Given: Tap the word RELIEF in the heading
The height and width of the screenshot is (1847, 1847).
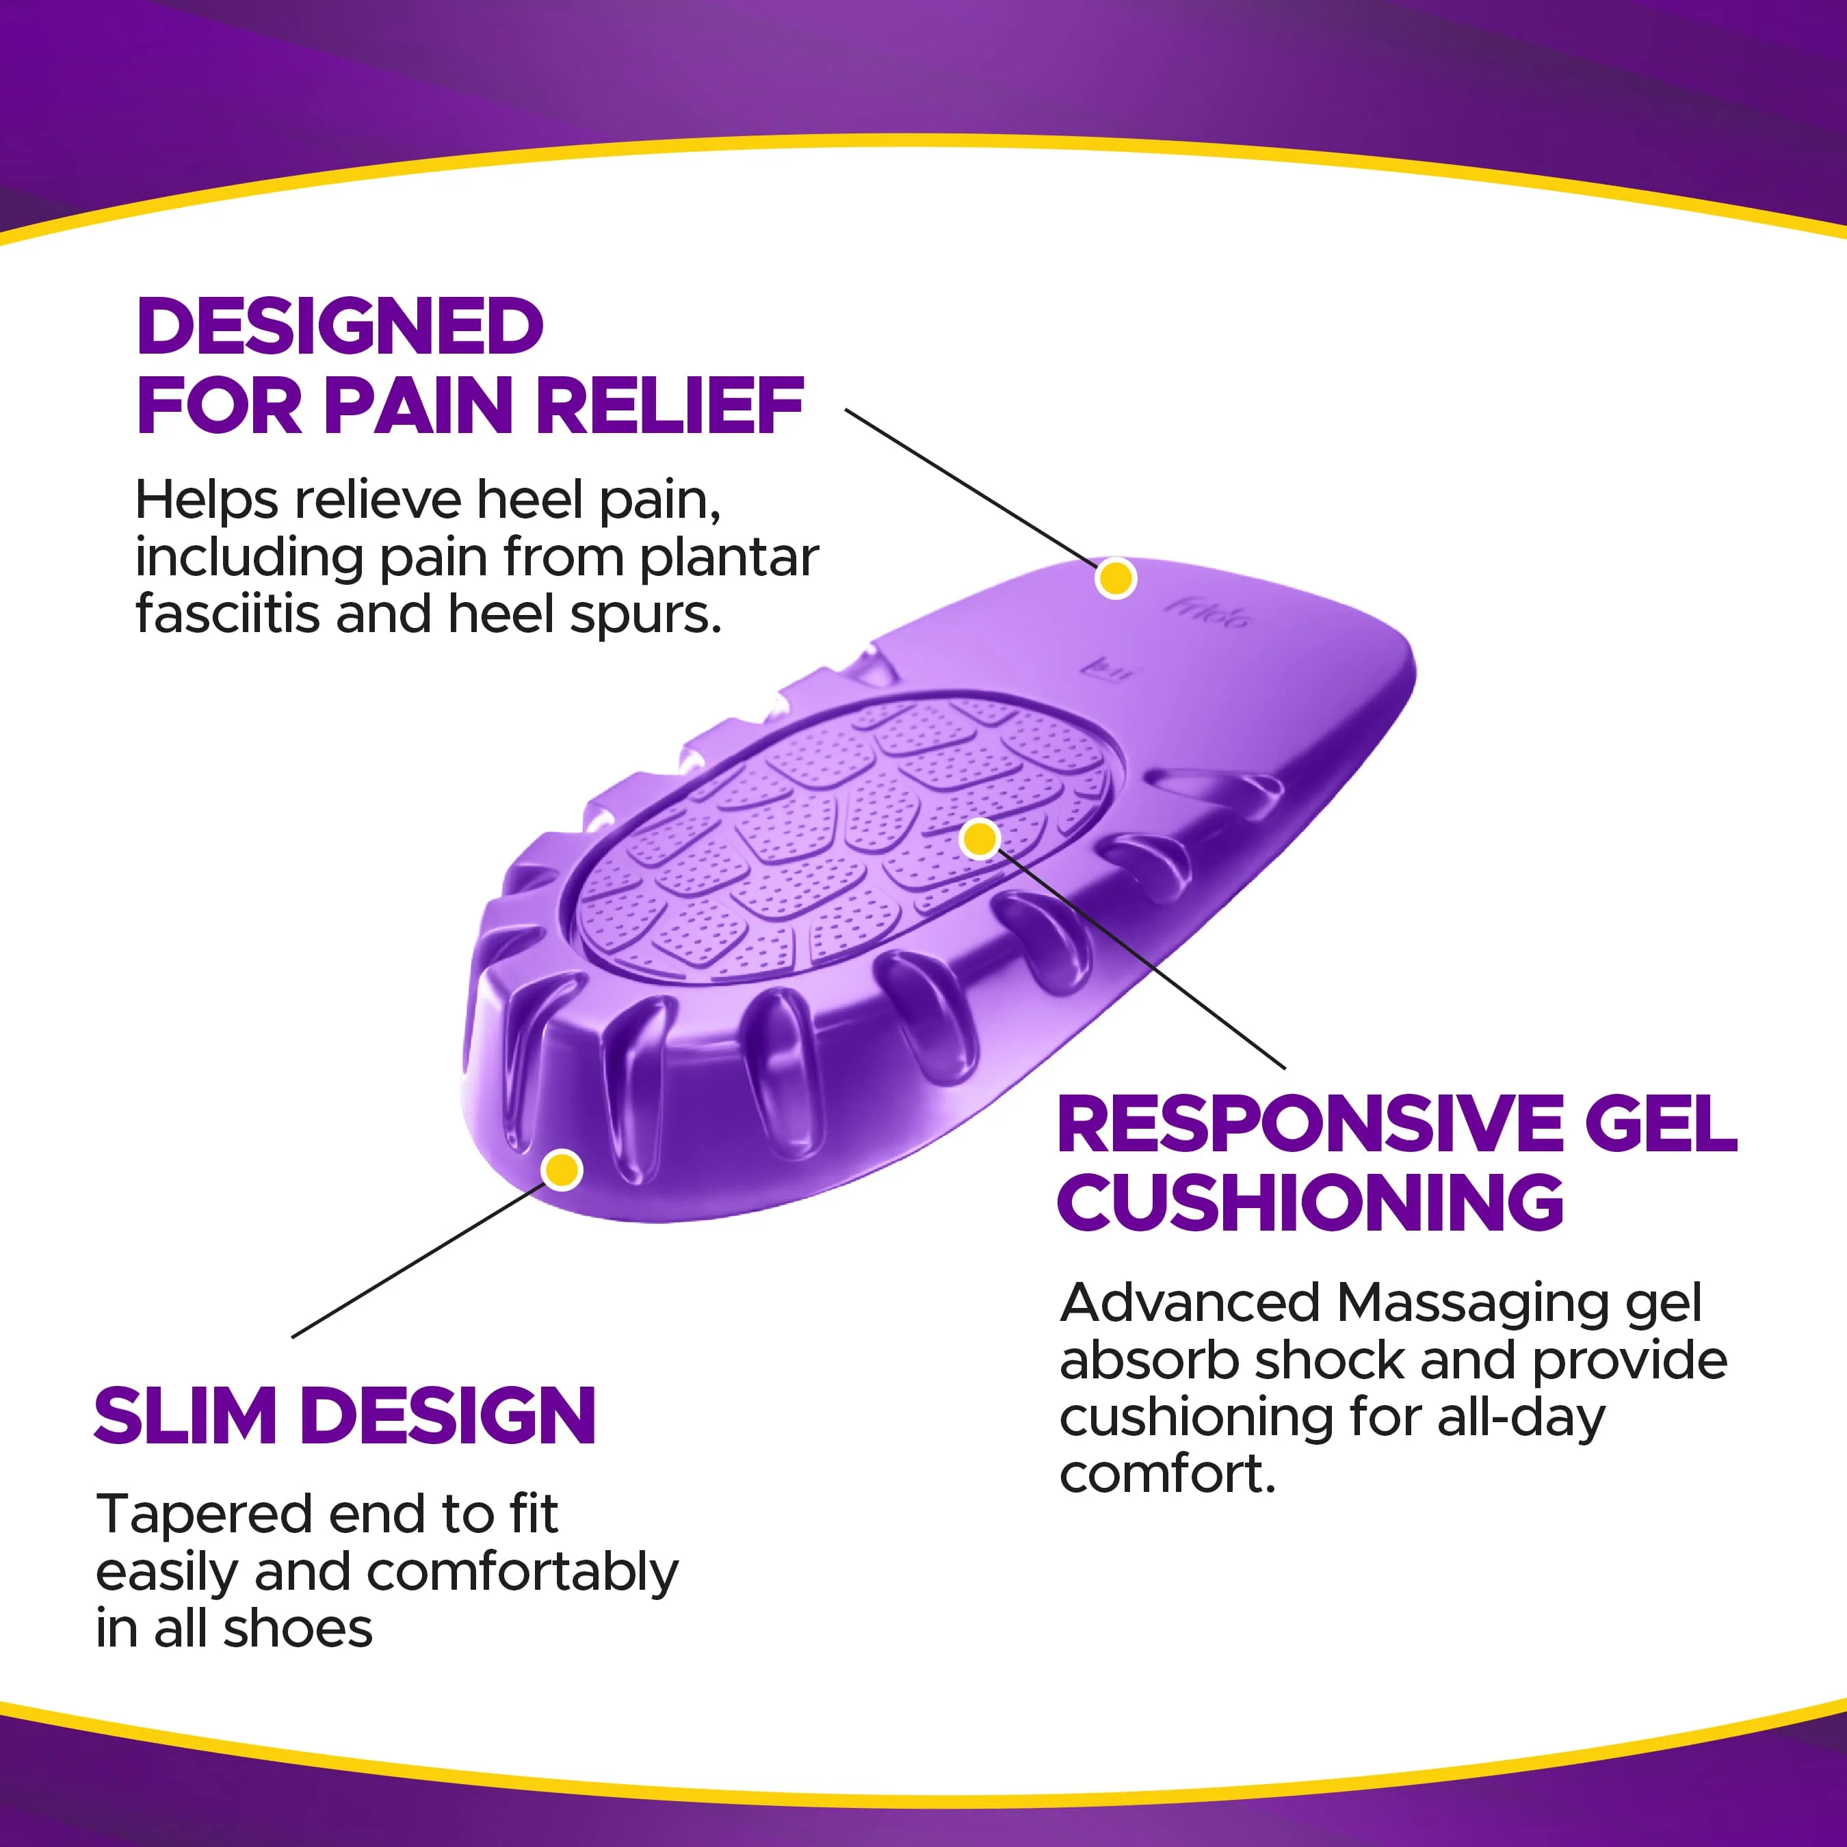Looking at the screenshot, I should tap(669, 406).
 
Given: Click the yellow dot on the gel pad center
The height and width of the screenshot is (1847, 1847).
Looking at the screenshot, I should tap(980, 839).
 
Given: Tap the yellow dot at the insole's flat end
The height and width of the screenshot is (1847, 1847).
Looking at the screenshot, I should tap(1116, 578).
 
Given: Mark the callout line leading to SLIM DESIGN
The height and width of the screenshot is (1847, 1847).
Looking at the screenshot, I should tap(416, 1262).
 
